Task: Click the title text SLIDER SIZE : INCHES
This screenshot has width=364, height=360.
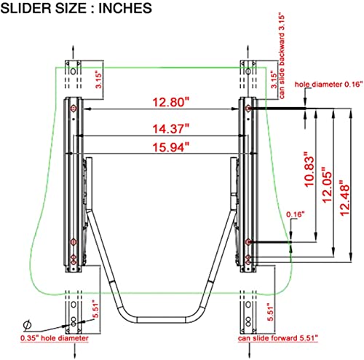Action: (x=76, y=8)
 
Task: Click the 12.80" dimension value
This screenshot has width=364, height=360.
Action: (x=170, y=102)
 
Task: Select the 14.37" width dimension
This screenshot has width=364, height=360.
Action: (x=170, y=128)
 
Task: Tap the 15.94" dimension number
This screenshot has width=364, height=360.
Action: (x=170, y=147)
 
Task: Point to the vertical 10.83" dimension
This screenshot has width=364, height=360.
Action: (x=309, y=169)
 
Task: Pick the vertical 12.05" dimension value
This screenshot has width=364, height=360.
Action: (x=327, y=184)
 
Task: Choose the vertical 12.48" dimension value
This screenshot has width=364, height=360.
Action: (x=344, y=197)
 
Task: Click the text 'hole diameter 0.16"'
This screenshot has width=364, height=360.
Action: (x=329, y=85)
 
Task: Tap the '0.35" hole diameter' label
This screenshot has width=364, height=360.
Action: (x=55, y=338)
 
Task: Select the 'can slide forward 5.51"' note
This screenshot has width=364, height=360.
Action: (x=278, y=338)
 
